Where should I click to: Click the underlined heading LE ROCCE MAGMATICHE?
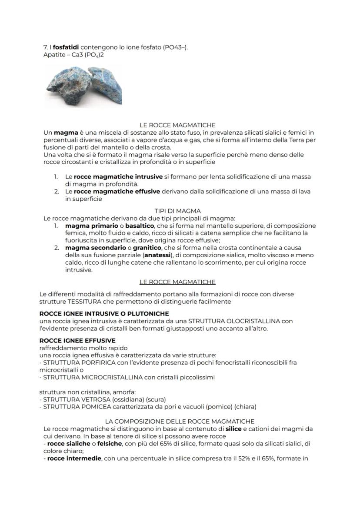pos(178,282)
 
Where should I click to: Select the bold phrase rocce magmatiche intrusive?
pos(118,177)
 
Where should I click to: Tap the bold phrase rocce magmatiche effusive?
pos(117,192)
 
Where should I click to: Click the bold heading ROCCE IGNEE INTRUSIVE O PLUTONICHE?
pos(104,313)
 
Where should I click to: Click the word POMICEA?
pos(90,407)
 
